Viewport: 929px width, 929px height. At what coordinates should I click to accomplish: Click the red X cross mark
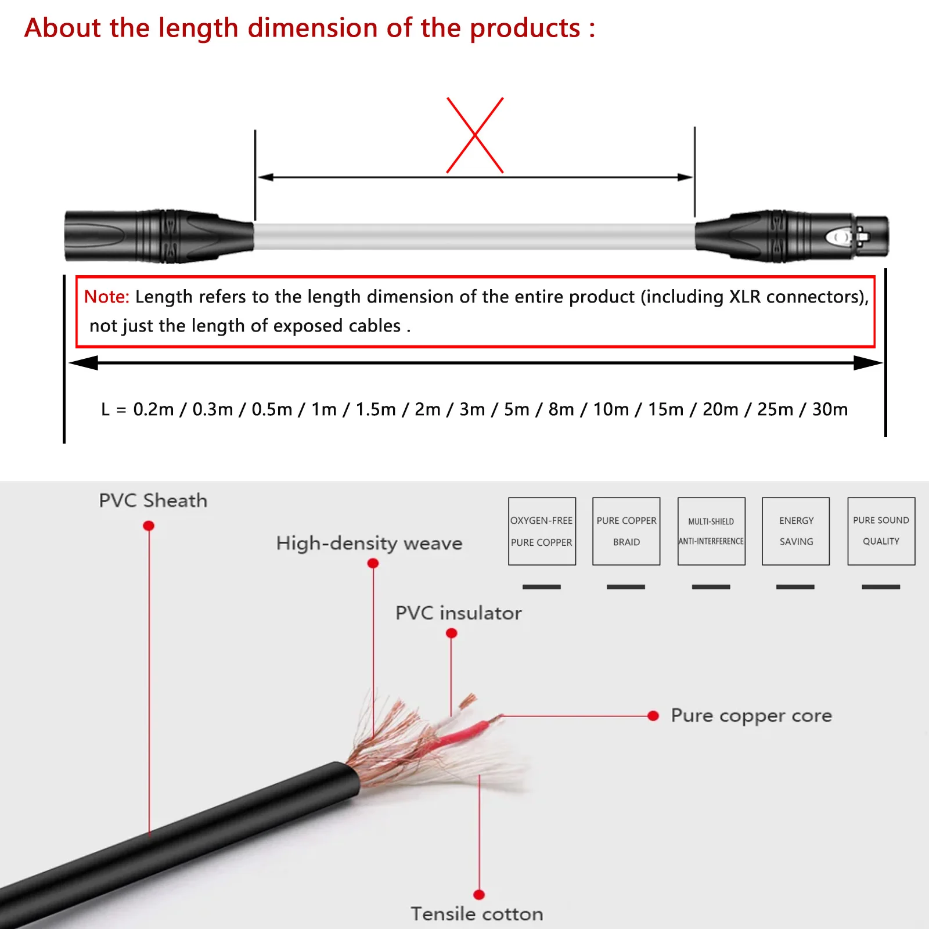pos(475,135)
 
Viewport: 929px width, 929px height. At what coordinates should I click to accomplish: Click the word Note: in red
pos(107,297)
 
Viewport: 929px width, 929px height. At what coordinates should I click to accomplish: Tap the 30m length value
pos(830,409)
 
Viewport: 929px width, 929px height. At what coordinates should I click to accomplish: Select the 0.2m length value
pos(153,409)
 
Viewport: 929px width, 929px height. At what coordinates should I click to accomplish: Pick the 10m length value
pos(611,409)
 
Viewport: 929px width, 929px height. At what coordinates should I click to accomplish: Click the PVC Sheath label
pos(153,500)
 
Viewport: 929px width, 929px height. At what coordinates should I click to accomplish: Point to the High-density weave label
pos(369,543)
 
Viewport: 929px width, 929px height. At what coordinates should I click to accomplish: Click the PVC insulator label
pos(458,613)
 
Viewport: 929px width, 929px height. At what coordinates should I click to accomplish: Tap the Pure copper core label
pos(751,716)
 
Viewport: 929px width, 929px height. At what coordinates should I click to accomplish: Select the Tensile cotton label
pos(477,914)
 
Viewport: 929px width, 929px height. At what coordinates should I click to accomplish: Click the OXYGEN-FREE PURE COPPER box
pos(542,531)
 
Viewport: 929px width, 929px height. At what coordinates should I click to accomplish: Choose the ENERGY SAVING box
pos(795,531)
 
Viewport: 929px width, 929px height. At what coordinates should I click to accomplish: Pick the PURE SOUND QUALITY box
pos(881,531)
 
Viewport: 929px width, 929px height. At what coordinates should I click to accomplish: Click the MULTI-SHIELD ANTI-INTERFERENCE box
pos(711,531)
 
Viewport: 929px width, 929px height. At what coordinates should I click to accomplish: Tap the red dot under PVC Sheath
pos(149,525)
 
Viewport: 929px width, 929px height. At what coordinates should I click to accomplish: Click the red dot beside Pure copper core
pos(653,716)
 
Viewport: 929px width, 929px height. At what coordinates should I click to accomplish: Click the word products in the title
pos(525,28)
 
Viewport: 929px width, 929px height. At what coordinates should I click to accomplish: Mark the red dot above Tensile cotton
pos(479,895)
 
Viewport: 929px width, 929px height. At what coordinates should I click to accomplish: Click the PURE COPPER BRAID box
pos(626,531)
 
